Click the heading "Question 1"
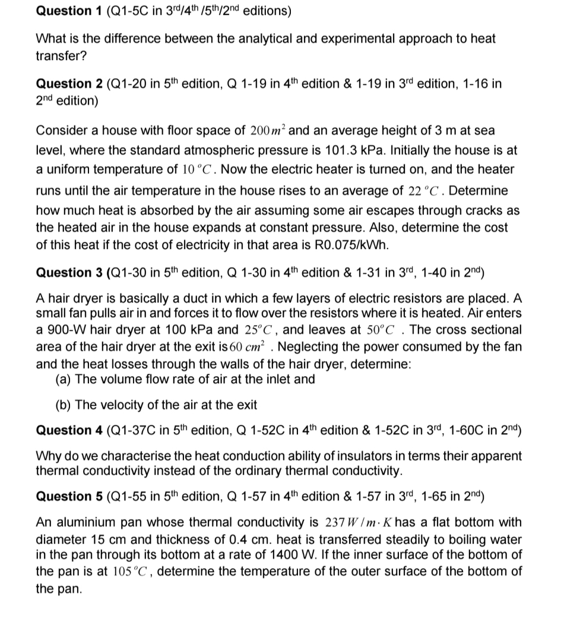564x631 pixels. (69, 11)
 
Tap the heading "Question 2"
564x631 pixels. (69, 84)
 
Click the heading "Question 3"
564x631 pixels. (69, 273)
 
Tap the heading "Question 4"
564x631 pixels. (69, 430)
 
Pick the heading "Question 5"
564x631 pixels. (69, 496)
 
